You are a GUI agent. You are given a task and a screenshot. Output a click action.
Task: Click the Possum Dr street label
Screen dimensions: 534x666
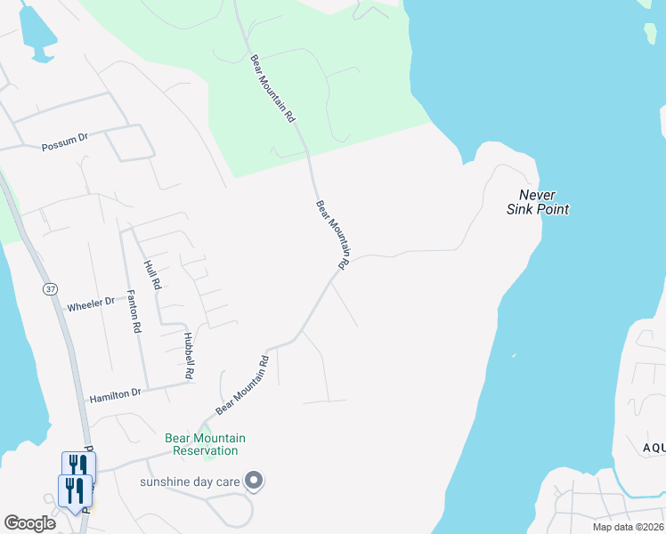tap(65, 142)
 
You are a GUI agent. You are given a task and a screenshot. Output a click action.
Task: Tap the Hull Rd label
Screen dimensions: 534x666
tap(152, 274)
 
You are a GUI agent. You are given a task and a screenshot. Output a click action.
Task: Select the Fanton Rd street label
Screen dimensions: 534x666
tap(134, 311)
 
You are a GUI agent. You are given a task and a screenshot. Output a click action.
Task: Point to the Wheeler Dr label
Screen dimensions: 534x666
tap(91, 305)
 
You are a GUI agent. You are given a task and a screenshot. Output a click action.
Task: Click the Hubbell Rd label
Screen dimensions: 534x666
tap(189, 356)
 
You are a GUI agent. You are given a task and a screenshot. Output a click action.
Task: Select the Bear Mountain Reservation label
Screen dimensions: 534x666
tap(206, 444)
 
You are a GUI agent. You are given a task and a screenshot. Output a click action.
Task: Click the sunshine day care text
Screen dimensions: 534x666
tap(191, 481)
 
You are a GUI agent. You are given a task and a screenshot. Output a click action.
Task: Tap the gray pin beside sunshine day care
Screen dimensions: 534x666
tap(254, 481)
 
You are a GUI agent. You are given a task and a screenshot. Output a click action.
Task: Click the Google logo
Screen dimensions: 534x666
tap(29, 523)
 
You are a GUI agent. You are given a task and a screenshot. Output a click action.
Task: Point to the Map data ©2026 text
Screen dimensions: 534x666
tap(628, 527)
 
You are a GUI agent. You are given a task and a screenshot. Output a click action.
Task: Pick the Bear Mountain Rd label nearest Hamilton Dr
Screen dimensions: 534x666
tap(242, 385)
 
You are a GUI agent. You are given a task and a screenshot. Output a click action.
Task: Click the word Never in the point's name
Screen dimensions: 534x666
tap(538, 195)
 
